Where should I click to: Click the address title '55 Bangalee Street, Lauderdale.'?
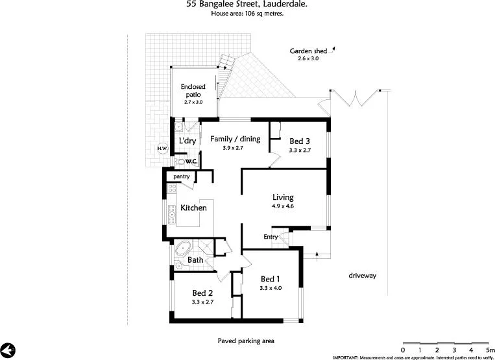[x=247, y=5]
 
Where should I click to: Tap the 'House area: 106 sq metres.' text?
[x=247, y=14]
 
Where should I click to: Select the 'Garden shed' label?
[x=308, y=51]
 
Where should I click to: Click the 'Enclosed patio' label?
[x=193, y=91]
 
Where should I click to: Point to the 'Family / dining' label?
[x=234, y=139]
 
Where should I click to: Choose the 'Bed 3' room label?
[x=300, y=141]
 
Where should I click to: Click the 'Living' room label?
[x=283, y=197]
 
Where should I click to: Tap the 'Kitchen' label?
[x=193, y=208]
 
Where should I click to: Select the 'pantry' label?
[x=181, y=176]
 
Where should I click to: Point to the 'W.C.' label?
[x=191, y=161]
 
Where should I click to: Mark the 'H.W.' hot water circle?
[x=162, y=149]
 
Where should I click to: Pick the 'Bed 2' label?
[x=202, y=293]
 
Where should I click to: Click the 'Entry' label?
[x=271, y=237]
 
